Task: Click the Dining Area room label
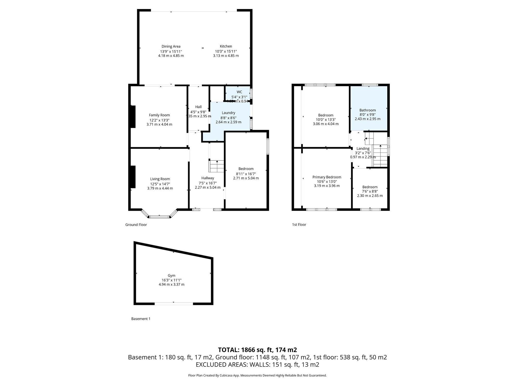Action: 171,46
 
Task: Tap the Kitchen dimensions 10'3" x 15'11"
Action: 226,51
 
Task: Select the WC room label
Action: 239,92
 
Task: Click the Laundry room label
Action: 228,113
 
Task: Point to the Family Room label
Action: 159,115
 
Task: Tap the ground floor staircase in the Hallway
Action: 217,166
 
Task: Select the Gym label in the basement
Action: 171,275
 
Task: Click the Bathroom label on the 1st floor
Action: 367,110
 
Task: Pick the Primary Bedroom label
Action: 327,177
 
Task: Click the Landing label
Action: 363,148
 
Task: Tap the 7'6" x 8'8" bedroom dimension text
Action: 370,191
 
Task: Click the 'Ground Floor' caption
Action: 136,225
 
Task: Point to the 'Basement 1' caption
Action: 141,319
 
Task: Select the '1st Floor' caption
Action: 299,225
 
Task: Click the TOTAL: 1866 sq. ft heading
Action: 257,350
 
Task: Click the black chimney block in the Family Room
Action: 133,116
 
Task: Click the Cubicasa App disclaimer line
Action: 257,375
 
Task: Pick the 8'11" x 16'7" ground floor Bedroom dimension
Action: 246,174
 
